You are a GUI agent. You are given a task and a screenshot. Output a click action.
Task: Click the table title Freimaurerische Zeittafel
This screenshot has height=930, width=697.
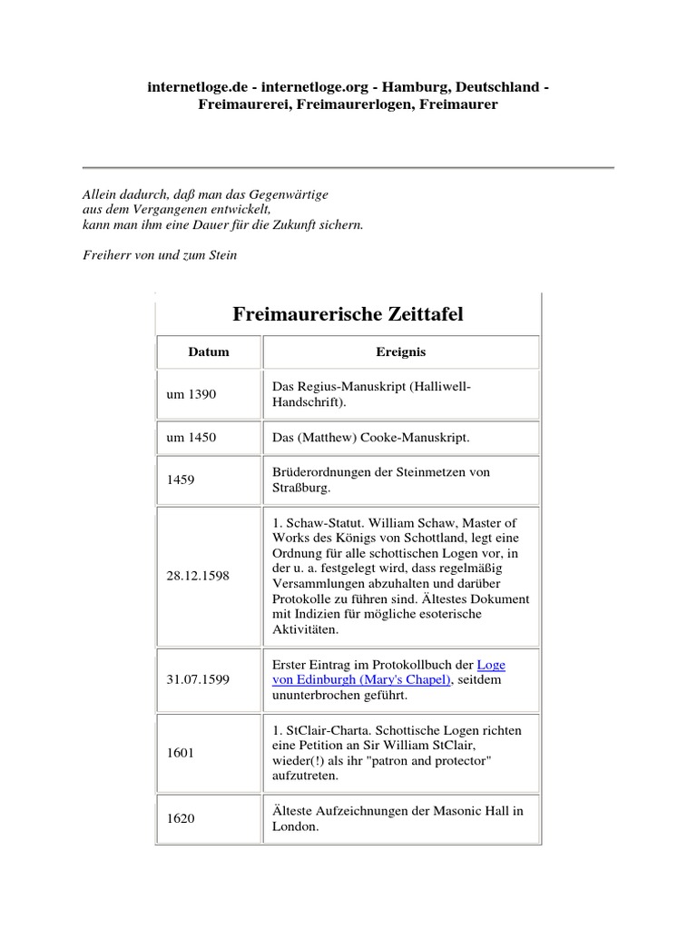click(348, 314)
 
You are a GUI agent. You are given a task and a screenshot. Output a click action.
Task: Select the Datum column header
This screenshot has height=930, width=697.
click(209, 351)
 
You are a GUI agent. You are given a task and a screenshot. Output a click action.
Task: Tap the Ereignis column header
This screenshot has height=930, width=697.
click(400, 351)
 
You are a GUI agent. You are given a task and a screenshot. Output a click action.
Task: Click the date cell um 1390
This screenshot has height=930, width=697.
click(191, 394)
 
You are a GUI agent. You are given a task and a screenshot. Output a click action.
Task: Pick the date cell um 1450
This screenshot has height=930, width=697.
click(191, 438)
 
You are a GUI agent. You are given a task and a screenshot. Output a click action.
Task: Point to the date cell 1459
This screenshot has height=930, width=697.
click(182, 480)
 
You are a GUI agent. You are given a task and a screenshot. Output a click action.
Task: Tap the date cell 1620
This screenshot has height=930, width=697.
click(182, 818)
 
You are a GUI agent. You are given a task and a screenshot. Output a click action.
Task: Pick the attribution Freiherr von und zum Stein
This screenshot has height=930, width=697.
click(160, 255)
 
